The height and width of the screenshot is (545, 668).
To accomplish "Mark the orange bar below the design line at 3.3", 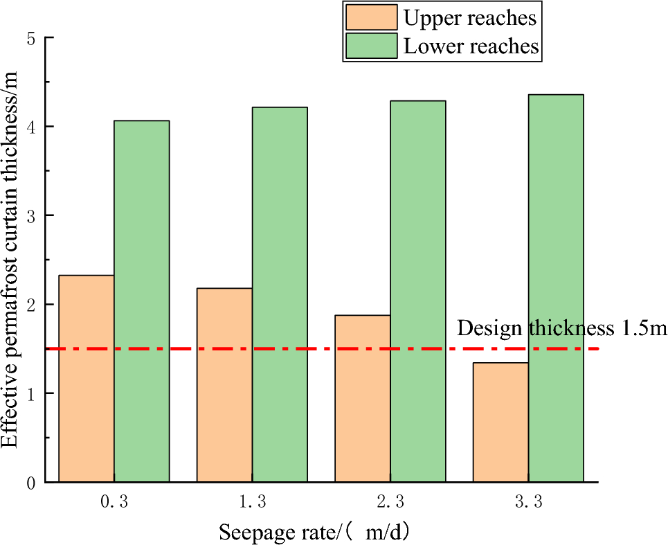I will pos(500,422).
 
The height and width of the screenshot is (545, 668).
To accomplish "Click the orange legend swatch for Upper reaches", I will pos(370,17).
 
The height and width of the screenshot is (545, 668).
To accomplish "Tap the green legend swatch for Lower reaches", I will pos(370,46).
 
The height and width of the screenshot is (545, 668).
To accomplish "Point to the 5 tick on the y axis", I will pos(31,39).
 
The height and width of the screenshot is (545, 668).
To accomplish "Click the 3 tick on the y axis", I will pos(31,216).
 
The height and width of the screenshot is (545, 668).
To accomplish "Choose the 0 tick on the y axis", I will pos(31,483).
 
